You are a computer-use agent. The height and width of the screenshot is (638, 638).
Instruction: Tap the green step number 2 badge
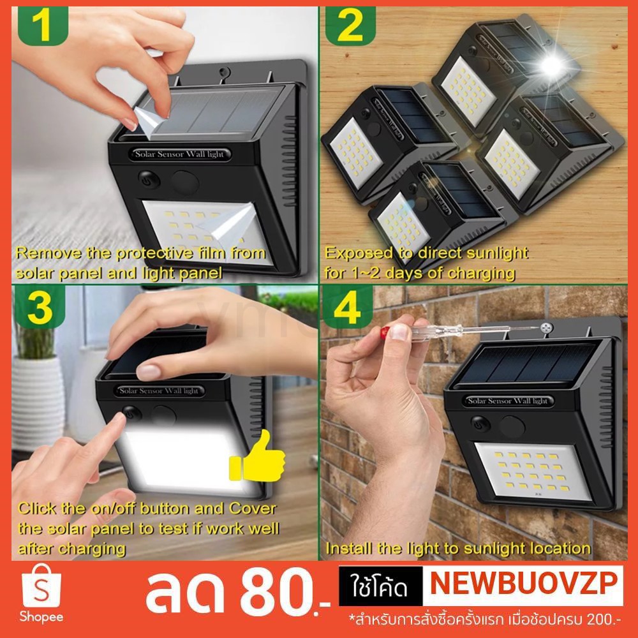tap(350, 26)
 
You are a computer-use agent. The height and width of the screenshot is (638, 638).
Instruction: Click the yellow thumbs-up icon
tap(257, 457)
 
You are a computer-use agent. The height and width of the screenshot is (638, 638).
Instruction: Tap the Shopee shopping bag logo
tap(41, 586)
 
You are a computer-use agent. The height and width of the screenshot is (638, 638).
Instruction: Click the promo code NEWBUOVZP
tap(523, 584)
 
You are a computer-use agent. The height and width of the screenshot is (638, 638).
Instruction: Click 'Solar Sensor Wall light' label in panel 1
tap(179, 154)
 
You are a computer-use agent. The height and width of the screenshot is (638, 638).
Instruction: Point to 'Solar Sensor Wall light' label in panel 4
tap(507, 401)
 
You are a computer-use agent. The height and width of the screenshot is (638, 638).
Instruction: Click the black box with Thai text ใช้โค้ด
tap(381, 586)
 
